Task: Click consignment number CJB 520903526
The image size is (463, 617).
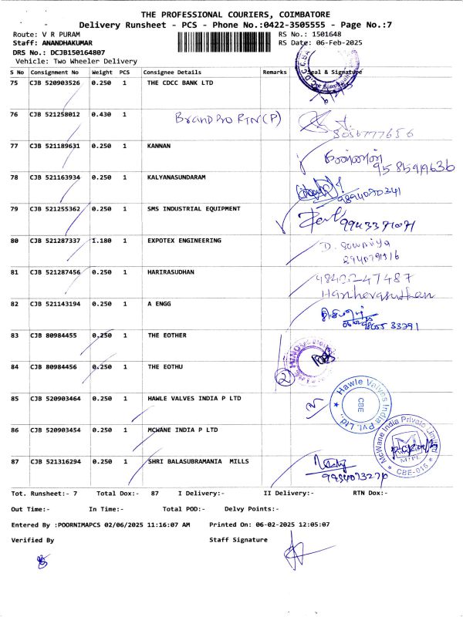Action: [x=55, y=83]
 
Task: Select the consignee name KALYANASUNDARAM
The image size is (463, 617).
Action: [x=179, y=177]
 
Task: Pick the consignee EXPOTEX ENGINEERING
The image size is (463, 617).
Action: [x=184, y=241]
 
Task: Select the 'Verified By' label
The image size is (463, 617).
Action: [x=32, y=541]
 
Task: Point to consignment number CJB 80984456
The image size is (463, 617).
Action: [x=52, y=367]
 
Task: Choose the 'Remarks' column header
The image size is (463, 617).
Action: [x=274, y=71]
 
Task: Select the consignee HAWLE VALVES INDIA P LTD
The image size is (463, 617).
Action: [x=194, y=399]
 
